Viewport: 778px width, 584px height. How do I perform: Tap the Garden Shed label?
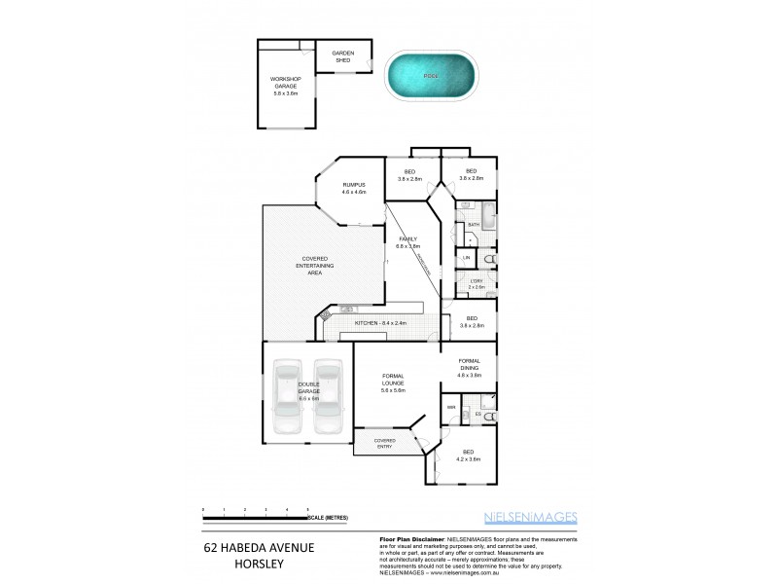point(341,56)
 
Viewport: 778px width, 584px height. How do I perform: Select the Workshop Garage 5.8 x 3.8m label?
point(285,87)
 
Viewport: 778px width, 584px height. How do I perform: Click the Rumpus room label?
point(352,189)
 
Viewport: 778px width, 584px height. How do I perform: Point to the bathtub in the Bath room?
point(489,215)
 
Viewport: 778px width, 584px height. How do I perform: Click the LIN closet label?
point(467,257)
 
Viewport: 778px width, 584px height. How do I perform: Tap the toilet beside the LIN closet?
point(488,259)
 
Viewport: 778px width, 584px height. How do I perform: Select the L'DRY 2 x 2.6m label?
point(476,284)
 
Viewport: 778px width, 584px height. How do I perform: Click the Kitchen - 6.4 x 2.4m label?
point(380,322)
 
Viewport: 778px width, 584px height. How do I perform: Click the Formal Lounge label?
point(393,384)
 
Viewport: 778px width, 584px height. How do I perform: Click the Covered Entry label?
point(385,443)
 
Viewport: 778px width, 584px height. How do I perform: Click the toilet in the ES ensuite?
point(489,417)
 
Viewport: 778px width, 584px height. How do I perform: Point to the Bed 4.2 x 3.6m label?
point(469,456)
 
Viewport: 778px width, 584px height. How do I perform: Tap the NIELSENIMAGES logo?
point(531,517)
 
